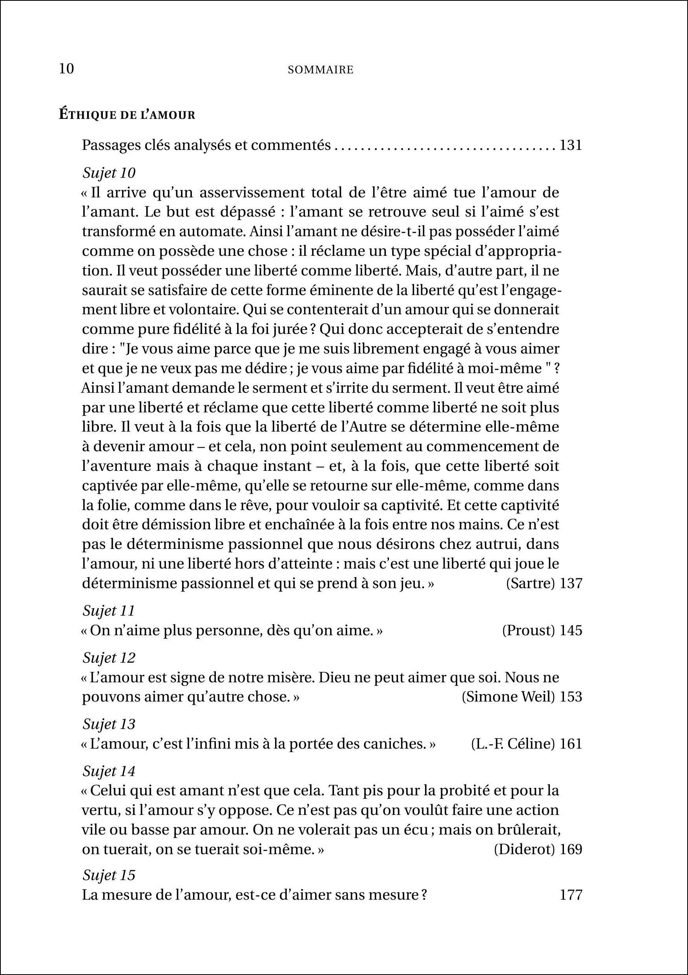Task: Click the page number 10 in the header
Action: pos(67,69)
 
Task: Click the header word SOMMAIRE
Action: pos(321,70)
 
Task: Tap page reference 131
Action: pos(571,145)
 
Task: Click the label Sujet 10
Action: pos(109,173)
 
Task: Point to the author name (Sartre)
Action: pos(531,583)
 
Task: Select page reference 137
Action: pos(571,583)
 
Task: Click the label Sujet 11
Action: pos(109,611)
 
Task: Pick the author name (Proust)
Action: pos(528,631)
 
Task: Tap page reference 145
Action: pos(571,631)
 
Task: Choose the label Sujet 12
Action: pos(109,658)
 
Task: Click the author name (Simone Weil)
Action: pos(508,697)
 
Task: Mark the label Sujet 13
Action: pos(109,724)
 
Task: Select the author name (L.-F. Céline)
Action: pos(513,744)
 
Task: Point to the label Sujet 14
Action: pos(109,772)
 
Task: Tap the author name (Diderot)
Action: pos(524,849)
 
